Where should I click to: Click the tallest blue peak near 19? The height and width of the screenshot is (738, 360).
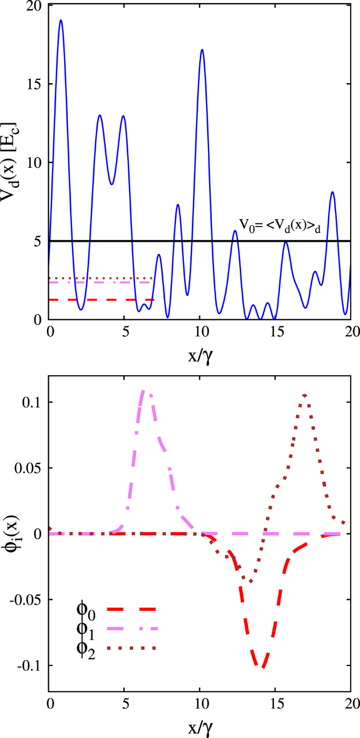61,20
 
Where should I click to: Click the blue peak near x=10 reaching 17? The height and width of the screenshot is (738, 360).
202,50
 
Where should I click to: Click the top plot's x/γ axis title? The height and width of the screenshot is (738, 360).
200,357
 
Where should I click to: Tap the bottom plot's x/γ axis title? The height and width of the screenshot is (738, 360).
200,728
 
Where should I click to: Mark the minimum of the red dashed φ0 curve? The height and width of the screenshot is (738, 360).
262,667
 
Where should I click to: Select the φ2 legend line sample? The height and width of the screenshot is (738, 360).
131,648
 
